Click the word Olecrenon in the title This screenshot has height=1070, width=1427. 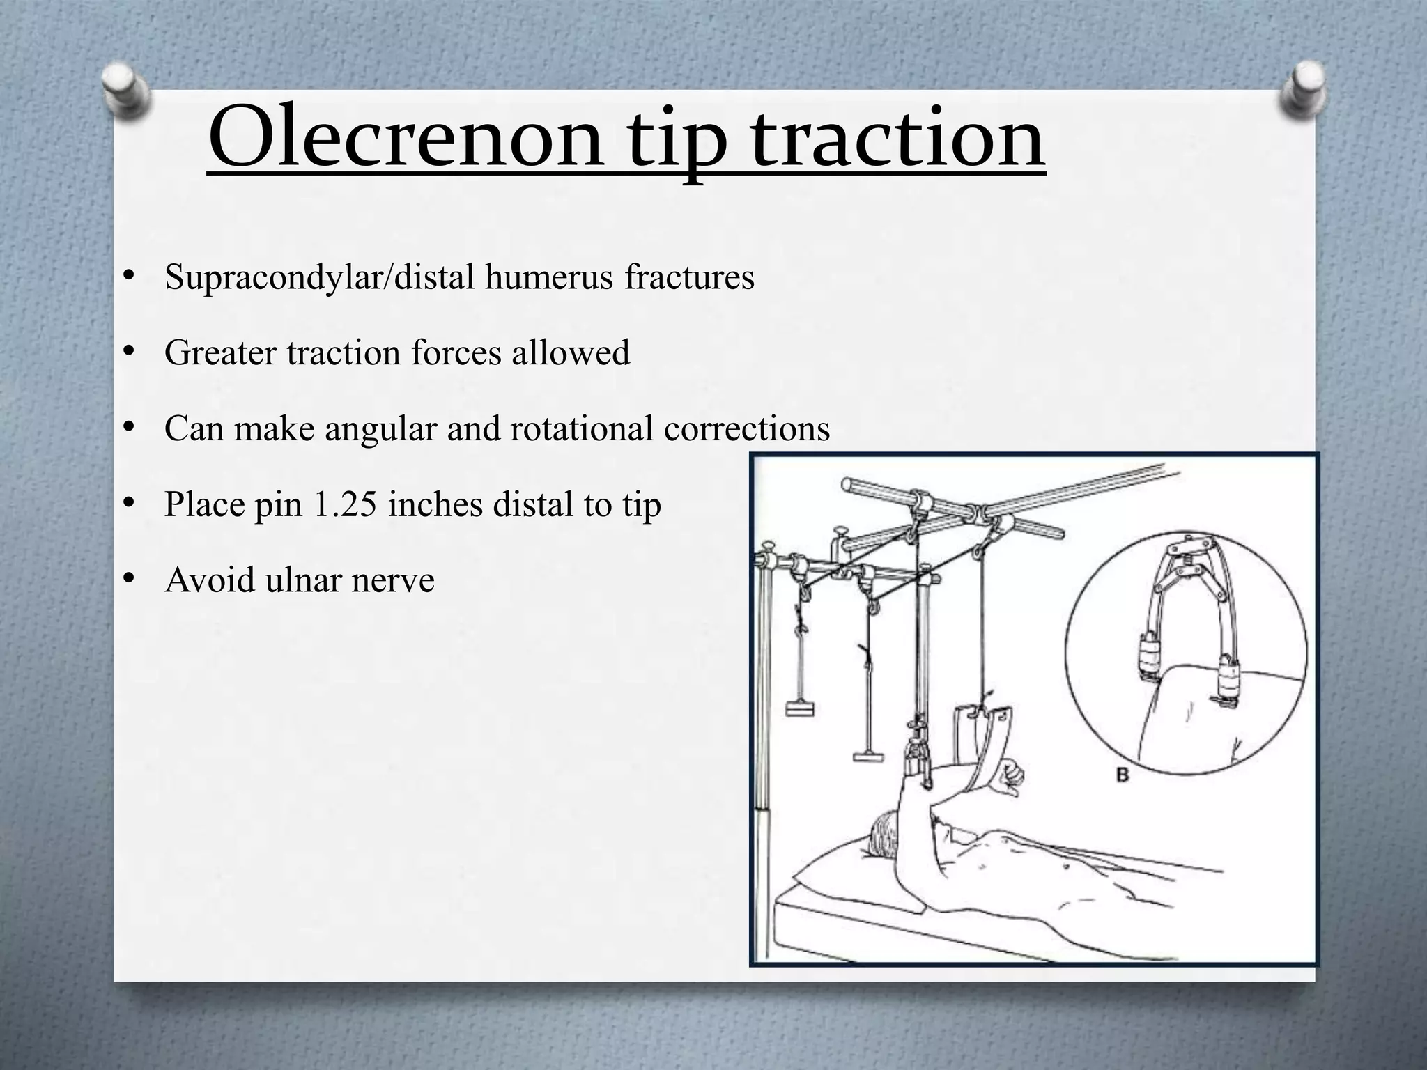[x=405, y=139]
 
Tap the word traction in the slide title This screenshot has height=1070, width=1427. [x=899, y=139]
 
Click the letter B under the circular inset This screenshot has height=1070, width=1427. [x=1123, y=775]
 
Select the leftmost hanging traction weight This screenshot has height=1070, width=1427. [x=800, y=709]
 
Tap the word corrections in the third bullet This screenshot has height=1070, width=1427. [x=747, y=428]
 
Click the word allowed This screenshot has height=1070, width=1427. [x=571, y=352]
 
